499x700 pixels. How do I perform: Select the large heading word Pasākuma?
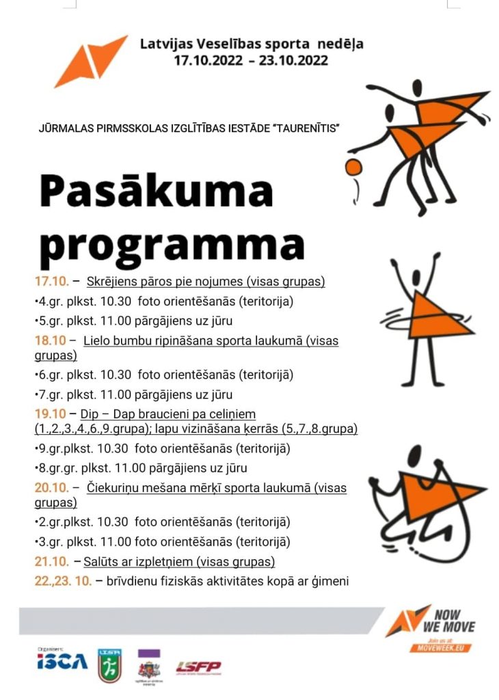tap(156, 193)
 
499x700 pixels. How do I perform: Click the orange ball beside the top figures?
tap(353, 167)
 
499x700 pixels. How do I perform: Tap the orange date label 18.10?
tap(52, 340)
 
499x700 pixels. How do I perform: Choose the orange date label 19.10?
tap(51, 414)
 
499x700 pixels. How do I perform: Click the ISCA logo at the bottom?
tap(62, 661)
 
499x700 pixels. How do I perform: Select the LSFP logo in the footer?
tap(198, 667)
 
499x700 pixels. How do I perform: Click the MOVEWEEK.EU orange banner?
tap(440, 647)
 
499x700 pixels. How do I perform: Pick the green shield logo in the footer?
tap(110, 665)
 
